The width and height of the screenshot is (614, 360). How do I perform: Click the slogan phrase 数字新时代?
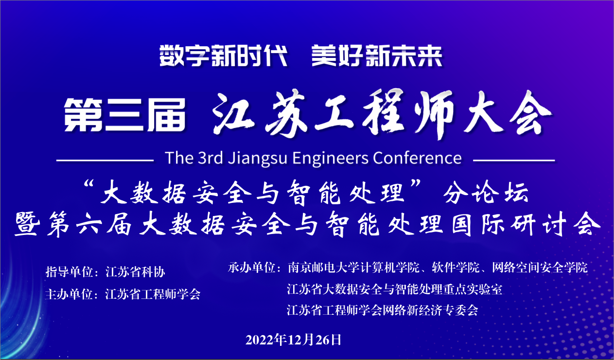point(224,56)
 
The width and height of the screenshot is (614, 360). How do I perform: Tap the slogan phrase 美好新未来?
point(377,56)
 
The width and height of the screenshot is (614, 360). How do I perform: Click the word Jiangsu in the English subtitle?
point(258,159)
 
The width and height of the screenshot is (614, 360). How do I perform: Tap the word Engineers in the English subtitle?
point(330,159)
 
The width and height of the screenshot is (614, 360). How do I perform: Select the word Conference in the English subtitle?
point(417,158)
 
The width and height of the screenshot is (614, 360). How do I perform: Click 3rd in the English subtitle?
point(210,158)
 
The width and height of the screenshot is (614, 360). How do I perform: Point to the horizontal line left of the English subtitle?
point(105,161)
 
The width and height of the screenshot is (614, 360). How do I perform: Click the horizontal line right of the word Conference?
point(514,160)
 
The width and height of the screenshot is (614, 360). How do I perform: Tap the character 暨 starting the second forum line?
point(27,224)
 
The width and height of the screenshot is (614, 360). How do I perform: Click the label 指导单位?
point(70,272)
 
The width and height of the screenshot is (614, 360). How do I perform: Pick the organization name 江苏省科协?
point(136,272)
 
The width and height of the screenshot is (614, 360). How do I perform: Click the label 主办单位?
point(70,294)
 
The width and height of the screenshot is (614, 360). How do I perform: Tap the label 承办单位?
point(252,268)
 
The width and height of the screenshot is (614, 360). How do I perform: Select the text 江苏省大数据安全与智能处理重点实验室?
point(394,289)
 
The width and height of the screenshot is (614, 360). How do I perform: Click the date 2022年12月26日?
point(293,340)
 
